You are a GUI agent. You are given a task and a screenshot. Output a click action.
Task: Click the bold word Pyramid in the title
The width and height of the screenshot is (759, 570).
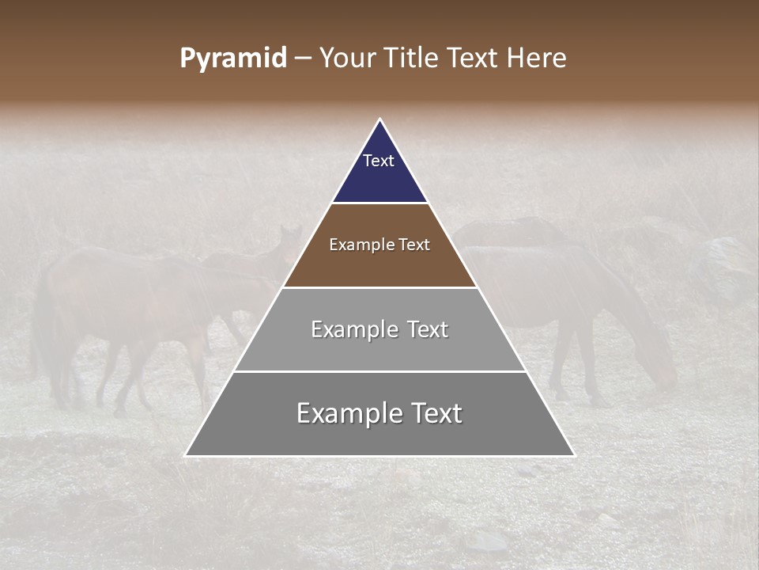[x=233, y=58]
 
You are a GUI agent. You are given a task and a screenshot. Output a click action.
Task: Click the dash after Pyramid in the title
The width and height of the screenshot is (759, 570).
[x=303, y=59]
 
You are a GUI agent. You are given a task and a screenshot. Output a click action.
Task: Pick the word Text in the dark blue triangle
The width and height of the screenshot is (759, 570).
[x=379, y=161]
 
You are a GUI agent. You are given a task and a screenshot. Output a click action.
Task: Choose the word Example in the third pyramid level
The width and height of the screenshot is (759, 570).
[x=353, y=329]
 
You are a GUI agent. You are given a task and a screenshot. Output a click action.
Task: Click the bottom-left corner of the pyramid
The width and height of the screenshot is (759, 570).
[x=186, y=455]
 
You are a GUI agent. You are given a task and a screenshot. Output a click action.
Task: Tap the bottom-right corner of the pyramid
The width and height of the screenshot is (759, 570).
[x=574, y=455]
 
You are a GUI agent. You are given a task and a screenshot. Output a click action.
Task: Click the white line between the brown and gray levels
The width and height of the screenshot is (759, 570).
[x=380, y=287]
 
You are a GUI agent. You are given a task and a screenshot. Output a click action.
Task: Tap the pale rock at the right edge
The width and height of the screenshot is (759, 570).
[x=731, y=261]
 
